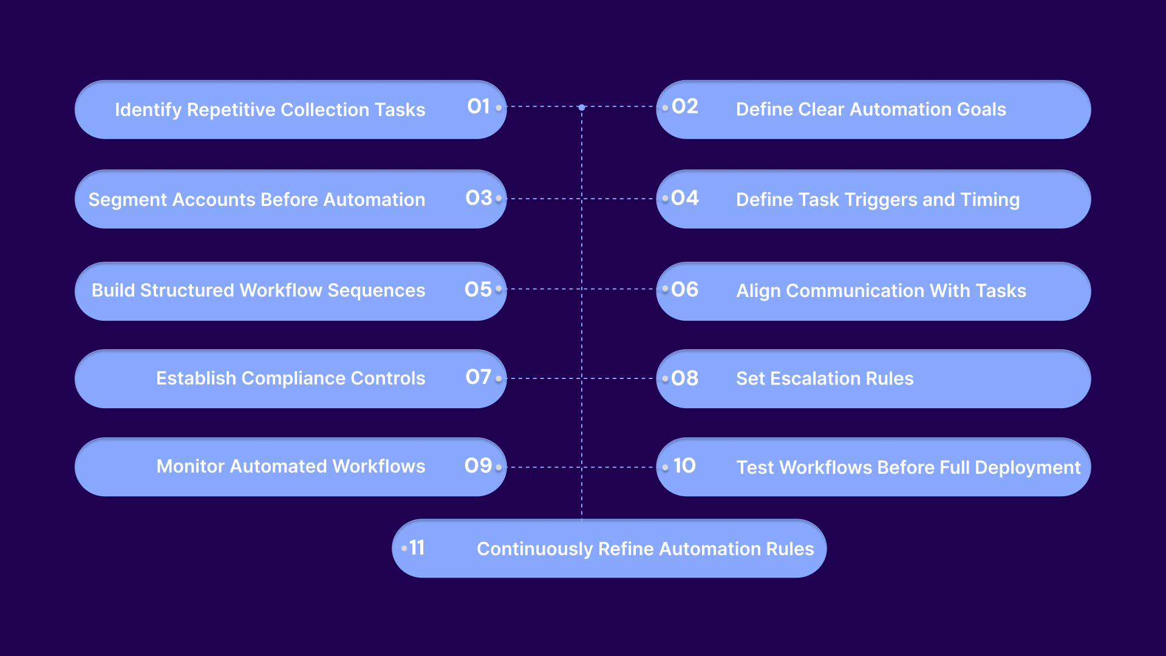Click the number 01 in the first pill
click(479, 106)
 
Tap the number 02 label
click(685, 106)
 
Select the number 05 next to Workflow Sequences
click(479, 289)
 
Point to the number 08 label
click(685, 378)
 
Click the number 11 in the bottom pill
click(417, 547)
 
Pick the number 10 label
click(684, 466)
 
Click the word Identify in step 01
click(148, 110)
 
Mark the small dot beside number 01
click(499, 108)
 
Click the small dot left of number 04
click(666, 199)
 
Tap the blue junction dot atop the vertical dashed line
click(582, 108)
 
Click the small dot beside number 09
click(499, 468)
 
